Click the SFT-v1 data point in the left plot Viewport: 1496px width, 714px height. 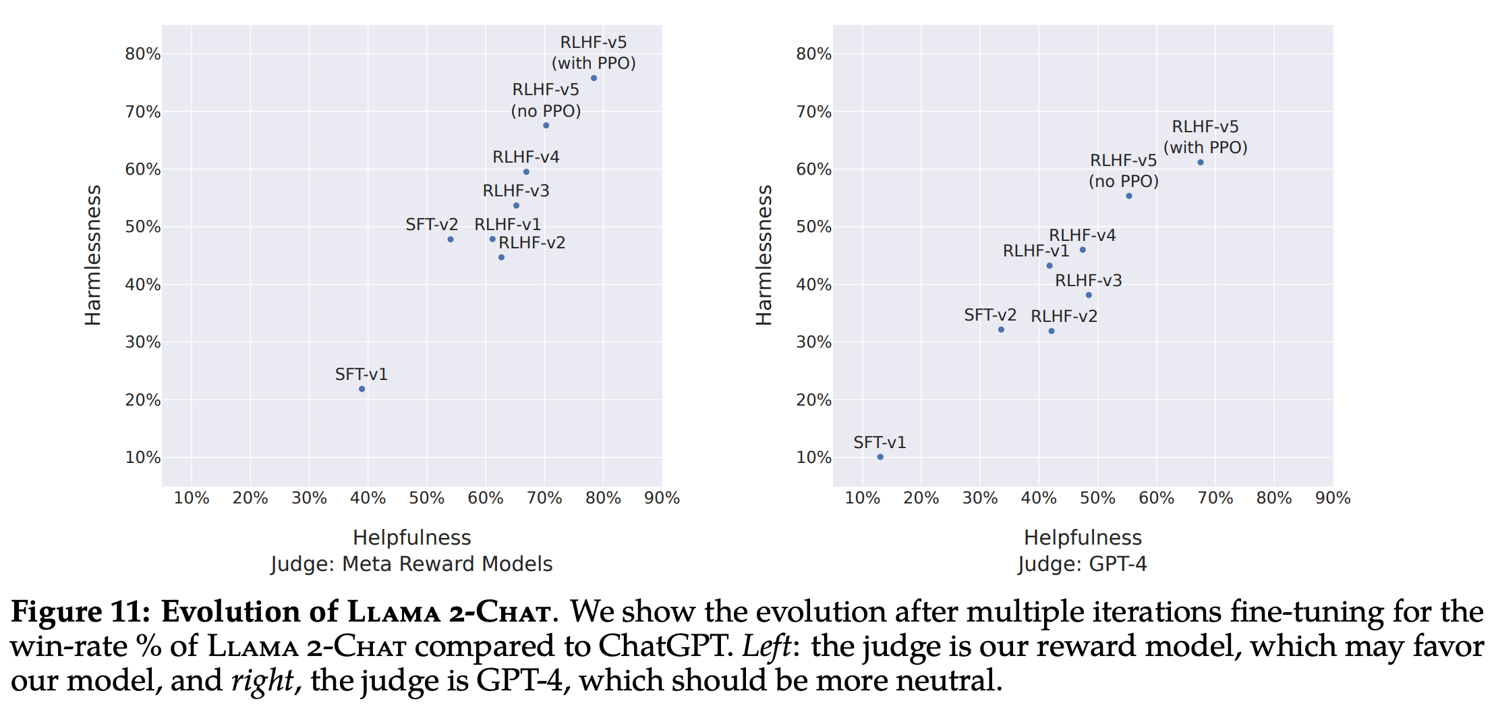click(x=362, y=389)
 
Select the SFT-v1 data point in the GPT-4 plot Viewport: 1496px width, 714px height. click(x=880, y=457)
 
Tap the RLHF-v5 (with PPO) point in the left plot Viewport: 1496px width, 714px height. click(x=594, y=78)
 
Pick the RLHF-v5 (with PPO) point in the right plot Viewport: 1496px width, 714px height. click(x=1201, y=162)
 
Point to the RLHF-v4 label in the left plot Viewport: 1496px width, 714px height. click(x=526, y=157)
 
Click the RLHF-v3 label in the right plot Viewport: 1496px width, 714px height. click(x=1089, y=281)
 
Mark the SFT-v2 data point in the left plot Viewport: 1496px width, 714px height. click(x=451, y=240)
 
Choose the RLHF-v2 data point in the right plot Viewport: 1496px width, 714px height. click(x=1052, y=331)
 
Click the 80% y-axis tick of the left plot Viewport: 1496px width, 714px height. click(x=143, y=54)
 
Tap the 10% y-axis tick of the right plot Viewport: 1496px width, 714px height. click(x=814, y=458)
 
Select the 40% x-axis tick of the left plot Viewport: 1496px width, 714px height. click(x=368, y=498)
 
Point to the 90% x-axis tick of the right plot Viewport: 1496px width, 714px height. click(x=1333, y=498)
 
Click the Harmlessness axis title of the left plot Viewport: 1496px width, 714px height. click(x=92, y=255)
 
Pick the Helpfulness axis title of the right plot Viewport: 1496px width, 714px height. click(x=1083, y=538)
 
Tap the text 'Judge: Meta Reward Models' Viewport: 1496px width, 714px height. click(x=411, y=564)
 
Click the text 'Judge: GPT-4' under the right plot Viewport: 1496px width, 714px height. click(x=1083, y=564)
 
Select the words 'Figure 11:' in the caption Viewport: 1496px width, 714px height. click(x=81, y=612)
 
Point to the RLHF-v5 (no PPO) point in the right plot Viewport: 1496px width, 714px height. click(x=1129, y=196)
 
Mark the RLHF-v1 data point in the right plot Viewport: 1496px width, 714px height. click(x=1049, y=266)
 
